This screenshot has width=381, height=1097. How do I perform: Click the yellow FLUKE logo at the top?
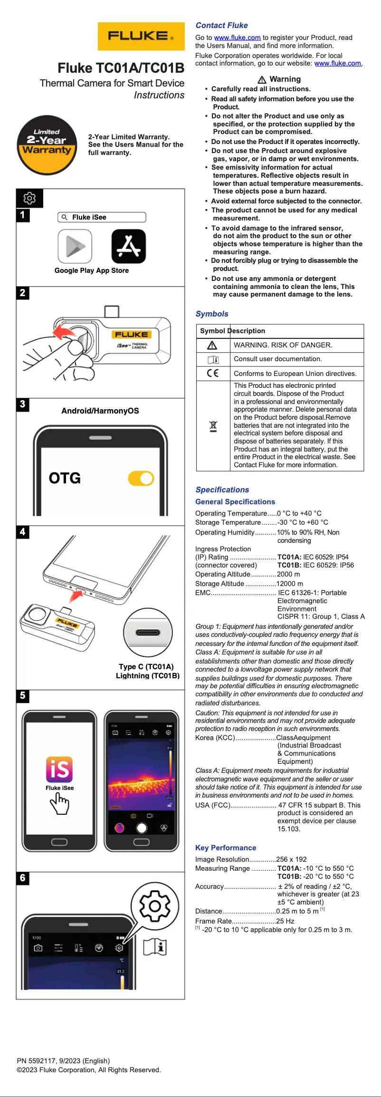tap(141, 36)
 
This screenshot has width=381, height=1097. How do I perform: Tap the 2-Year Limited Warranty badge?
tap(47, 145)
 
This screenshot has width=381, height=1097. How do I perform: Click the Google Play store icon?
tap(75, 246)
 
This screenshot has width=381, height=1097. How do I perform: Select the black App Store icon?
tap(128, 246)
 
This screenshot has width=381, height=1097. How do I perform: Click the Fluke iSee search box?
tap(102, 217)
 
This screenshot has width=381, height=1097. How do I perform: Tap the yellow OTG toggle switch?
tap(141, 478)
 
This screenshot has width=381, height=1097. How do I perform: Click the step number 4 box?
tap(22, 532)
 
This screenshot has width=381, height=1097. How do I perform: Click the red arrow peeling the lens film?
tap(63, 332)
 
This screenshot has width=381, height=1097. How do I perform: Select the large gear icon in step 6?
tap(155, 906)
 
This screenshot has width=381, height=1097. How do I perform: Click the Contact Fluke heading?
tap(221, 26)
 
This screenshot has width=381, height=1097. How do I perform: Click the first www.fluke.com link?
tap(237, 38)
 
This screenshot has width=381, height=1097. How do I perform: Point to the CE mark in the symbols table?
tap(213, 373)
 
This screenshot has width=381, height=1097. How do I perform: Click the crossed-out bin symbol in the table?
tap(213, 426)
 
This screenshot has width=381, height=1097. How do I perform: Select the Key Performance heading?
tap(226, 847)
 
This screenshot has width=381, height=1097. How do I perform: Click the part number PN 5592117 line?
tap(63, 1060)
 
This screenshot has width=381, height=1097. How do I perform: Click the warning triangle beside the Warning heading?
tap(262, 79)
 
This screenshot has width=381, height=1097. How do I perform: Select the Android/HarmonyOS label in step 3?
tap(100, 411)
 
